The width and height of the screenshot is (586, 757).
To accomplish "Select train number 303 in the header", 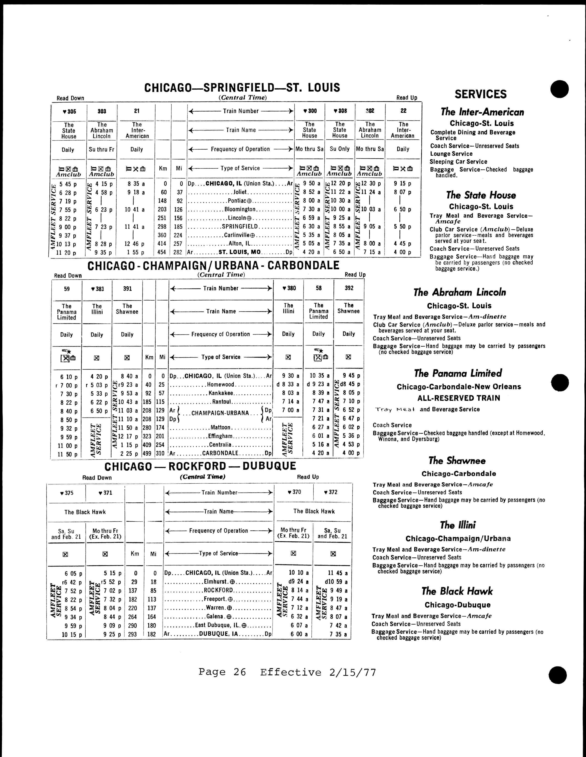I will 102,111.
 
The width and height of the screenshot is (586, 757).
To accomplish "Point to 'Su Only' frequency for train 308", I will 340,149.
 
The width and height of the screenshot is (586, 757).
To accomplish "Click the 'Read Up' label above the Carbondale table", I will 355,274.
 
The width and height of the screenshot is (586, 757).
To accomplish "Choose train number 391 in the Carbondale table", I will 128,288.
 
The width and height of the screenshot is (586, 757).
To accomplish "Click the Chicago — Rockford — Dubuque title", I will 200,466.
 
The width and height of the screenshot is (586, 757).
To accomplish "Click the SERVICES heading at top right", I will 480,94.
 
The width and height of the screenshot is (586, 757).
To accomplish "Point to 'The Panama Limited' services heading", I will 458,373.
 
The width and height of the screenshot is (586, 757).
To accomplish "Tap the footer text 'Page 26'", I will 222,672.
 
